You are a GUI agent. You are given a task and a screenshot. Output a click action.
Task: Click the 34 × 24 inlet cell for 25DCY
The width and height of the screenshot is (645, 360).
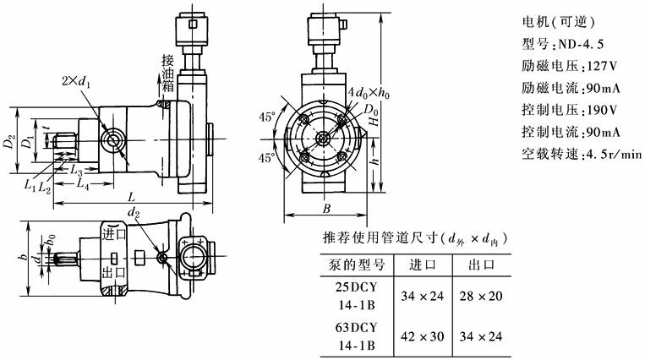click(422, 296)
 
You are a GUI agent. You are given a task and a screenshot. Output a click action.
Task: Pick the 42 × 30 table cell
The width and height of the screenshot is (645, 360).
click(422, 335)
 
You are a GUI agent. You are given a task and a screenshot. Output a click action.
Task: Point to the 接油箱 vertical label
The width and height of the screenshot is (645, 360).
click(168, 74)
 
